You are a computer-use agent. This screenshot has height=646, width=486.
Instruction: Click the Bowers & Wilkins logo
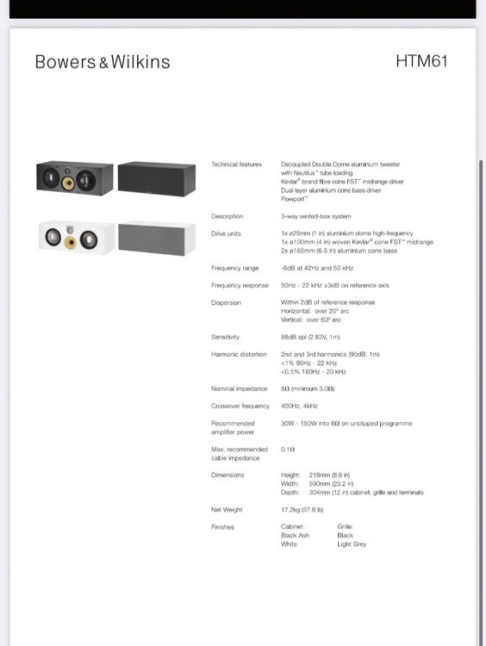point(103,62)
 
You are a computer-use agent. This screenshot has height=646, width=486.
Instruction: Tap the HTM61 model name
point(421,61)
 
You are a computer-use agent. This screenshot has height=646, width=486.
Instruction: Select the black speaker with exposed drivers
point(74,179)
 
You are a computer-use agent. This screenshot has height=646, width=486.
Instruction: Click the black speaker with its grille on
point(157,179)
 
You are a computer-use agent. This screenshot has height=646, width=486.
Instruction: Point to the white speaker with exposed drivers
point(75,238)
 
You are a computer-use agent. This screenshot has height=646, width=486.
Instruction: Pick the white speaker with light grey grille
point(157,238)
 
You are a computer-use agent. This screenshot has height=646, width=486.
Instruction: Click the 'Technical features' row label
point(236,165)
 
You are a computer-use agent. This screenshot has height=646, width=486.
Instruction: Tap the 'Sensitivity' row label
point(226,337)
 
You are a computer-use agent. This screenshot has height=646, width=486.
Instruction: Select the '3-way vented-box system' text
point(315,216)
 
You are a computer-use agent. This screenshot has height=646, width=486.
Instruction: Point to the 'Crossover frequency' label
point(240,406)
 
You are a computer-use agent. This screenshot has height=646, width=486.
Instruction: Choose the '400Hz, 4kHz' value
point(300,406)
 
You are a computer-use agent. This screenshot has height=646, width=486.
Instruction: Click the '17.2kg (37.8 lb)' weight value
point(308,510)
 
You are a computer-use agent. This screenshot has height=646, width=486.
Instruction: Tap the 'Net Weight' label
point(227,510)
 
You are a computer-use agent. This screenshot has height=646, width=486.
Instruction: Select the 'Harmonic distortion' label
point(238,354)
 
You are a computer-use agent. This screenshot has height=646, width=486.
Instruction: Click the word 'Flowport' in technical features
point(296,199)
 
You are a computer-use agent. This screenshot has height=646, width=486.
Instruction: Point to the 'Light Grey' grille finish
point(352,544)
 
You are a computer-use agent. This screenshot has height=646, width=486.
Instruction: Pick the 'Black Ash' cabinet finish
point(296,536)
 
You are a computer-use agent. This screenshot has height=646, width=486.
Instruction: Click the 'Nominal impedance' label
point(238,389)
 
